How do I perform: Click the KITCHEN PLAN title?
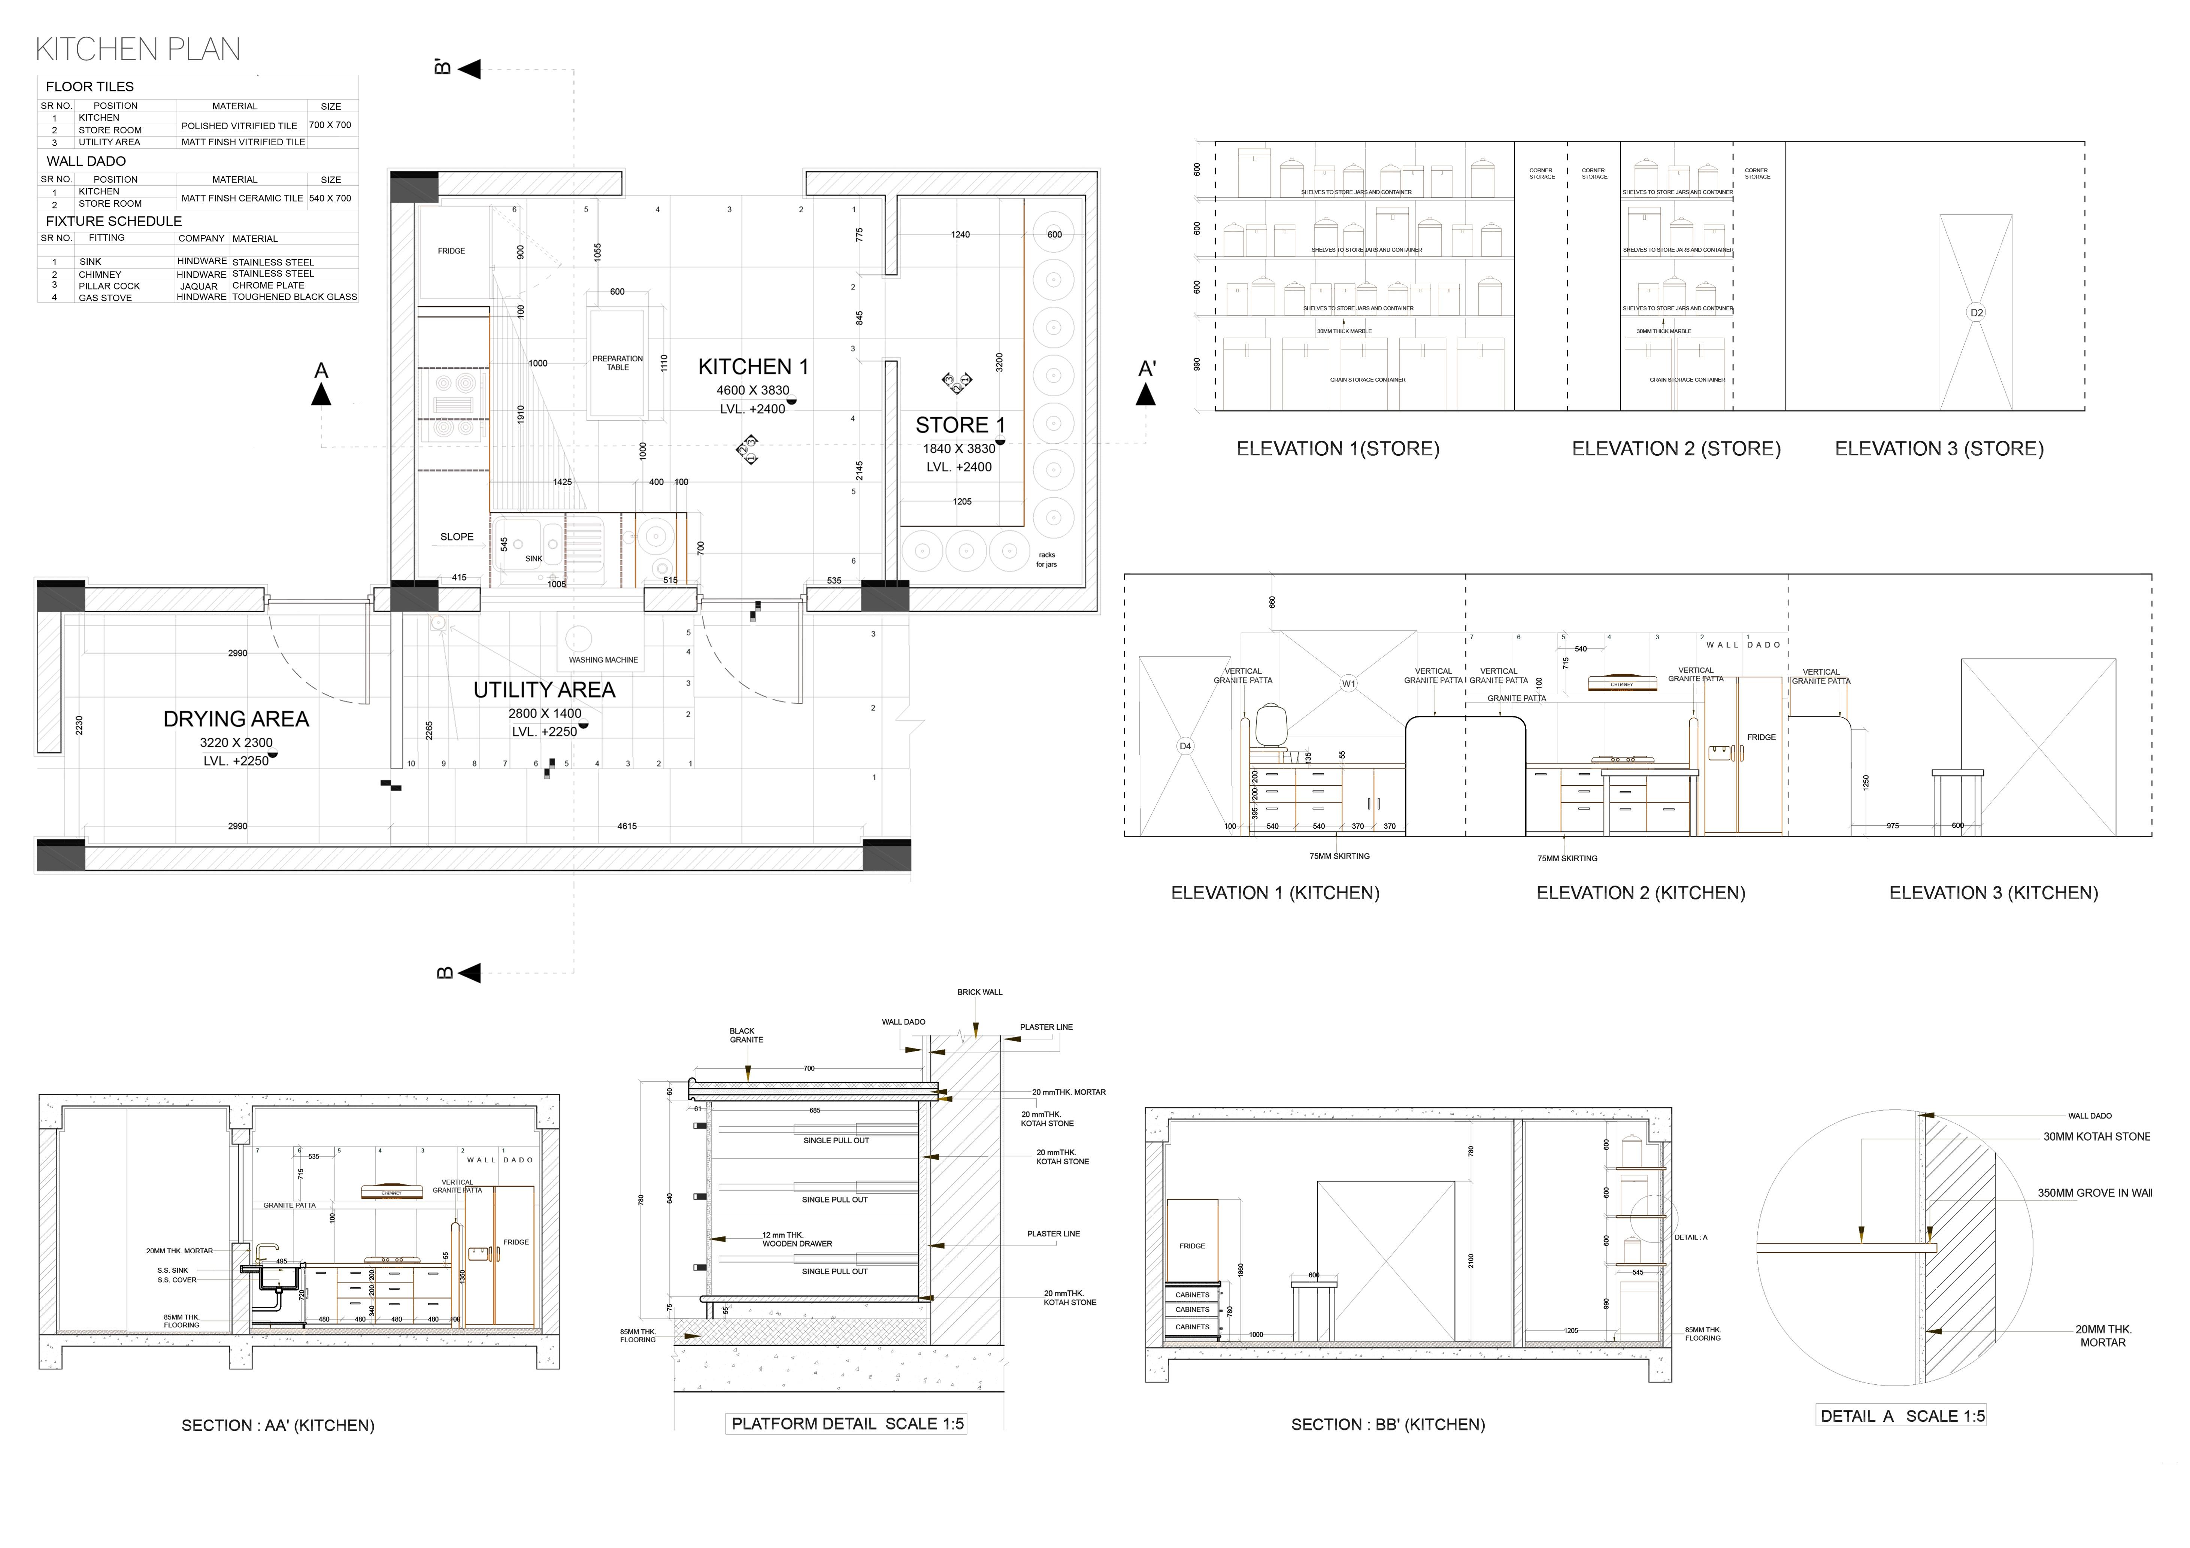(x=137, y=49)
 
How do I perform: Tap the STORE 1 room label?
(x=960, y=425)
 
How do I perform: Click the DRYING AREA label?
(x=236, y=719)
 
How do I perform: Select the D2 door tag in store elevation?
(x=1977, y=313)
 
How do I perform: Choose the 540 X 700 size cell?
(x=330, y=198)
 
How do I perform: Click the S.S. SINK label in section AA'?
(x=173, y=1271)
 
